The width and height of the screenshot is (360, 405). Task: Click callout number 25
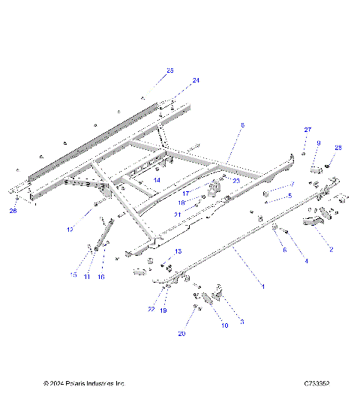[169, 70]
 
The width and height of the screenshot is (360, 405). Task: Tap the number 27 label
[307, 130]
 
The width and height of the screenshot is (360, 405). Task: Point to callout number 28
[337, 148]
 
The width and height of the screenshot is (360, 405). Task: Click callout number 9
[318, 143]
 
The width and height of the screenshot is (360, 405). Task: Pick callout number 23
[236, 181]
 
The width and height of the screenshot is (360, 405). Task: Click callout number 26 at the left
[13, 211]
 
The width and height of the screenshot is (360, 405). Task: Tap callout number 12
[91, 229]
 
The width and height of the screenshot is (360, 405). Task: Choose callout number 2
[331, 248]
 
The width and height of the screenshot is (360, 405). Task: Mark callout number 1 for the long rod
[262, 286]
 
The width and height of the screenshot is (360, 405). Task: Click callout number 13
[178, 250]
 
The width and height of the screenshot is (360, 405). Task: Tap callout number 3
[241, 322]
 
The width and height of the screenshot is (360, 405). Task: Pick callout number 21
[178, 214]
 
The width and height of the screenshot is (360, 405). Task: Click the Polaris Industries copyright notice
[84, 382]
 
